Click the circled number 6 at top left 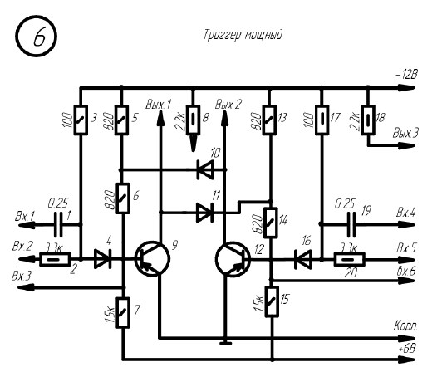(36, 37)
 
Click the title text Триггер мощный (243, 35)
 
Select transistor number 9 (152, 259)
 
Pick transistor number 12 (233, 259)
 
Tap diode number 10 (205, 169)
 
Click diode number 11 (204, 213)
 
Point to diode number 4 (102, 259)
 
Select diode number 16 (303, 259)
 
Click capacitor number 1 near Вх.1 (58, 224)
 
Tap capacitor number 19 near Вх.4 (351, 224)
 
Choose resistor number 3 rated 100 (81, 120)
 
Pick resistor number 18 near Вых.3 (368, 120)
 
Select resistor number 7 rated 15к (123, 312)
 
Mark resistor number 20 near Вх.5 (349, 259)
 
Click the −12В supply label (406, 75)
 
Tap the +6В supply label (408, 349)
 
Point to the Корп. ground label (406, 326)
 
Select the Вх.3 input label (22, 276)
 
